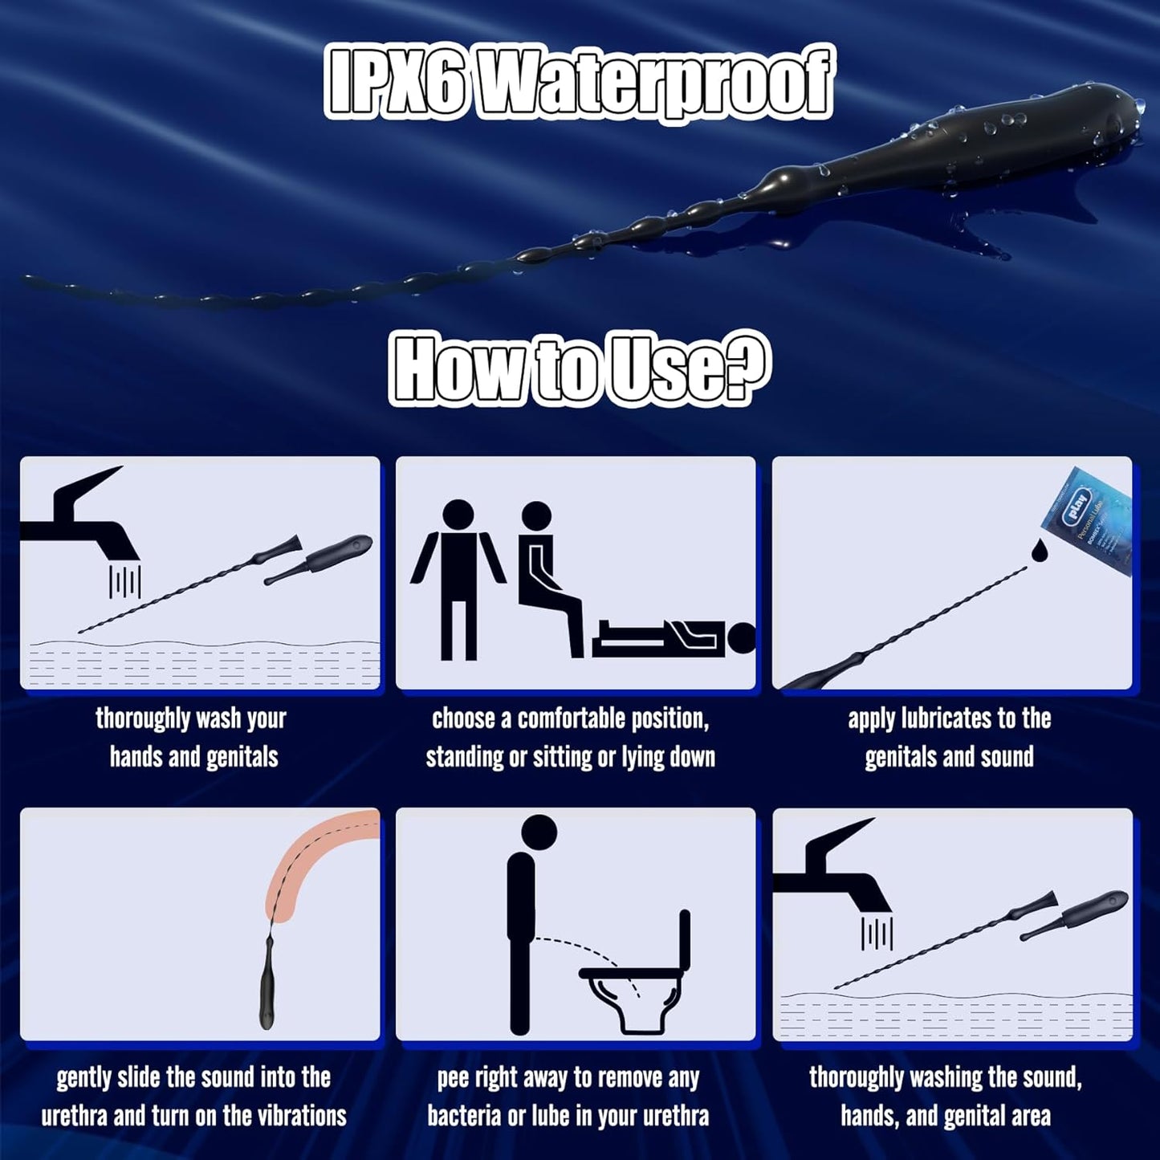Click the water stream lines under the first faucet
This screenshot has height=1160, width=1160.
(124, 581)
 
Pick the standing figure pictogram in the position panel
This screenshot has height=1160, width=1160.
(458, 579)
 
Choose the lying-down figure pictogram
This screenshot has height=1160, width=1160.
(674, 637)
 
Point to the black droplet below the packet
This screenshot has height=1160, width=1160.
(1039, 550)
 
